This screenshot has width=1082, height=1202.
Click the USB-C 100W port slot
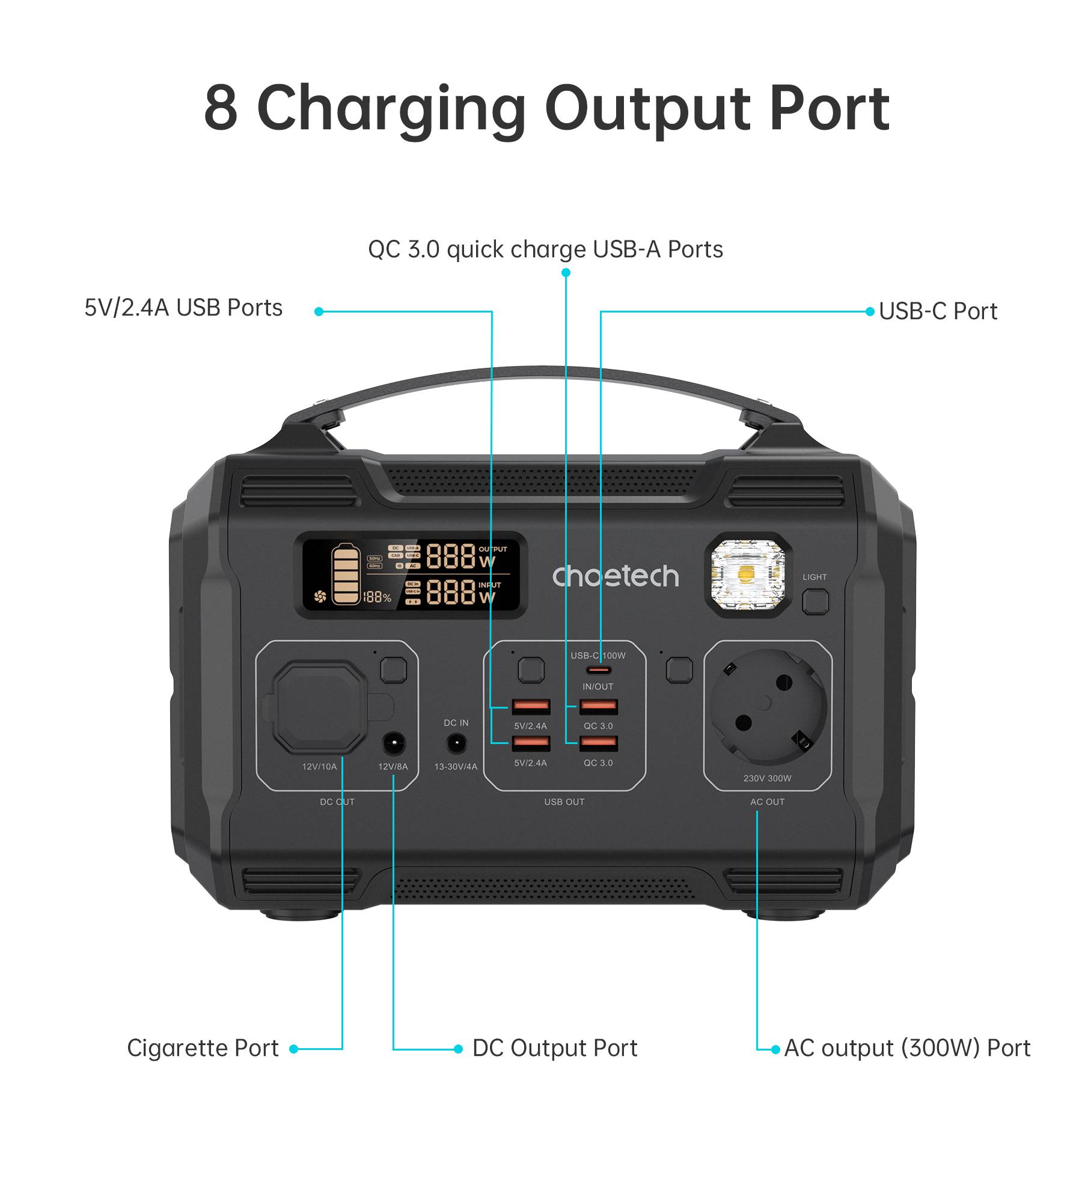coord(599,670)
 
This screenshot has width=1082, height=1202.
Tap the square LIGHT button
coord(815,602)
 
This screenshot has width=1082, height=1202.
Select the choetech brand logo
coord(616,576)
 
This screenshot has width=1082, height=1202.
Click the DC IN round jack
coord(456,745)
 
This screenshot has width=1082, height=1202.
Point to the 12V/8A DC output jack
coord(394,744)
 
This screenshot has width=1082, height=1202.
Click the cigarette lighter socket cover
coord(319,707)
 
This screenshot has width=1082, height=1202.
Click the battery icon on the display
coord(346,574)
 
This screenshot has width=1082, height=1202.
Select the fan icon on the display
coord(320,597)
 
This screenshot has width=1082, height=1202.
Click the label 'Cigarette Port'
coord(203,1048)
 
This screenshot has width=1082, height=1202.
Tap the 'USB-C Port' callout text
coord(938,311)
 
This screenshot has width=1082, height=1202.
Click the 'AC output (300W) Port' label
coord(907,1048)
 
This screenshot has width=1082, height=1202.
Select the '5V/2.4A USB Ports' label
coord(183,308)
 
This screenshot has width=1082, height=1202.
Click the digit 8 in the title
coord(221,108)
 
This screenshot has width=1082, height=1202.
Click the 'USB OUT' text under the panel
coord(564,802)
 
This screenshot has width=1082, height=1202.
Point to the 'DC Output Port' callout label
coord(554,1048)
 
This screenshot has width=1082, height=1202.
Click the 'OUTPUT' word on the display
coord(492,549)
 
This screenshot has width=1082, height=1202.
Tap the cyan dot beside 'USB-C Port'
coord(870,311)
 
